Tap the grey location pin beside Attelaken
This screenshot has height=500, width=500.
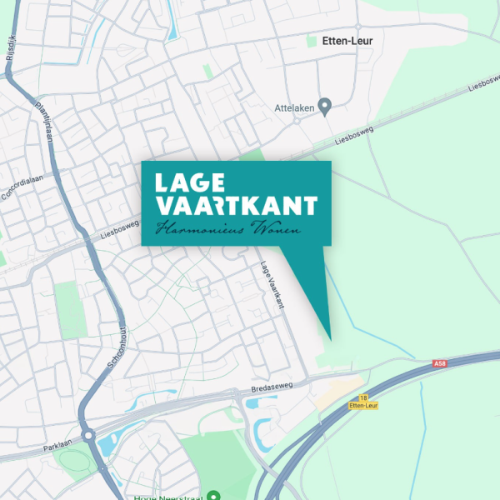tap(325, 106)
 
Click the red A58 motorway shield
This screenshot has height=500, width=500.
tap(439, 364)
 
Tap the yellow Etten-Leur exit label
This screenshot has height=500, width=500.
tap(363, 406)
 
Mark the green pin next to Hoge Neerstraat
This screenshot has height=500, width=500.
tap(213, 495)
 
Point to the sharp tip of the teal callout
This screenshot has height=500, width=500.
tap(330, 339)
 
